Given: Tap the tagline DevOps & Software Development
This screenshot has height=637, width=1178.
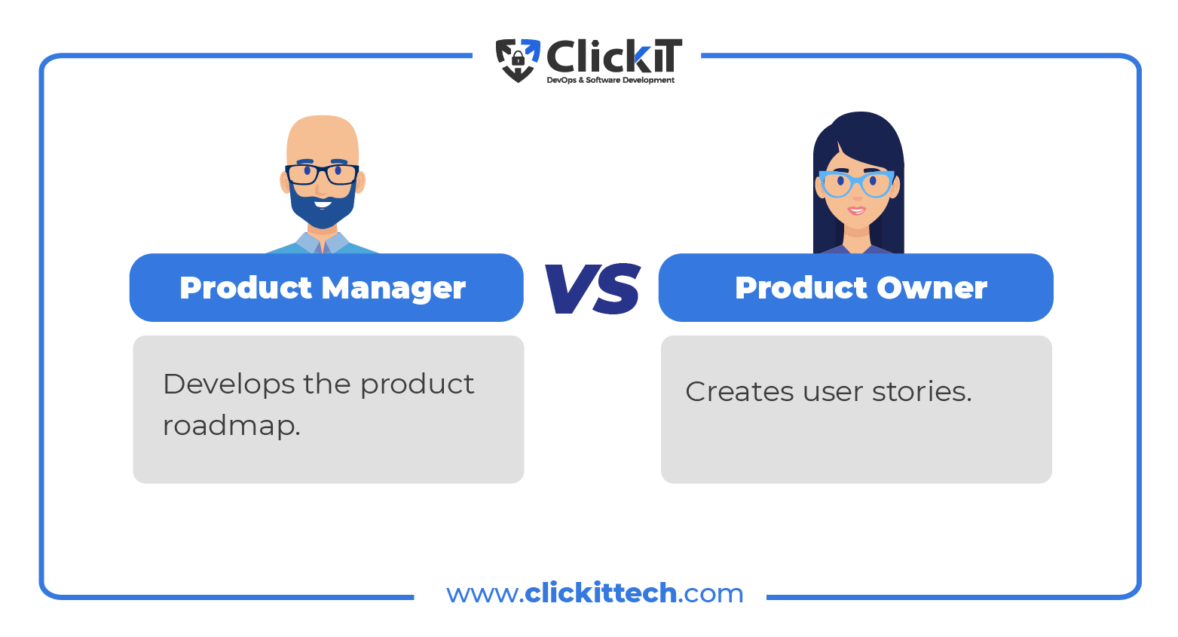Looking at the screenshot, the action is coord(610,80).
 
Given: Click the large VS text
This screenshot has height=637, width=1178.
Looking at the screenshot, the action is coord(592,288).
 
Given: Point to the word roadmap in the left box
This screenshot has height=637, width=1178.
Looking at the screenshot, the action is coord(231,426).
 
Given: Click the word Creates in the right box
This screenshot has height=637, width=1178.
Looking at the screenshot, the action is coord(739,392).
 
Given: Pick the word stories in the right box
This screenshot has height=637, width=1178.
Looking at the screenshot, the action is coord(922,392).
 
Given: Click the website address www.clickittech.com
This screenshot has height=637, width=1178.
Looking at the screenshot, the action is coord(595,593).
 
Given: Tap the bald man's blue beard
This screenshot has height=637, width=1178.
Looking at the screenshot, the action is coord(323,205).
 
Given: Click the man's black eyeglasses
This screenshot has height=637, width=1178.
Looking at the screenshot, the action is coord(322,175).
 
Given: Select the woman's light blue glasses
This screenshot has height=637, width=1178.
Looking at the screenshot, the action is coord(857,184).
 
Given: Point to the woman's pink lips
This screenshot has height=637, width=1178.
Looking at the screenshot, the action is coord(856,211).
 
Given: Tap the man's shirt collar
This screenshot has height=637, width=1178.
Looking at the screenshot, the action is coord(322,243).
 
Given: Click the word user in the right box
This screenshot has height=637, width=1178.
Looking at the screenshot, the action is coord(833,393).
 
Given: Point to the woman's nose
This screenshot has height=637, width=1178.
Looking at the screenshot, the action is coord(857,195).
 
